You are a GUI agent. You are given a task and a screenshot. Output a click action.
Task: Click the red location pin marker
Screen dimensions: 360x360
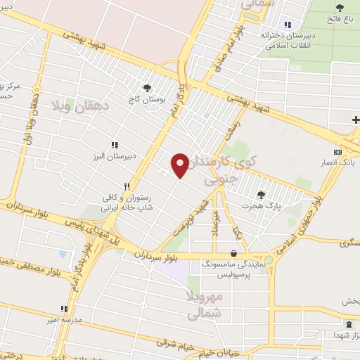[180, 165]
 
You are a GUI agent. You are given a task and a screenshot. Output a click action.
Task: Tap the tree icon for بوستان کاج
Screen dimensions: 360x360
[147, 89]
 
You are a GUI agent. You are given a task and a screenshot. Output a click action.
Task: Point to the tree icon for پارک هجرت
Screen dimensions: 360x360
[261, 195]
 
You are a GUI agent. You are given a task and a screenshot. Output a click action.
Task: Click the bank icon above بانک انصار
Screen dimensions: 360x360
[337, 152]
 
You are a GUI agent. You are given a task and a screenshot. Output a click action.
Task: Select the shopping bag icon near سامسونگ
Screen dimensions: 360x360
[233, 254]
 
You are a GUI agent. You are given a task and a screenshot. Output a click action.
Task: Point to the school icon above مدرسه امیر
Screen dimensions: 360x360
[63, 309]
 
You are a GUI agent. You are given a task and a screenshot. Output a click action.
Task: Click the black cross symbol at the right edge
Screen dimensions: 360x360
[356, 120]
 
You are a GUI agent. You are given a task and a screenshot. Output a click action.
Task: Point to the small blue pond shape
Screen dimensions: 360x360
[63, 253]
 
